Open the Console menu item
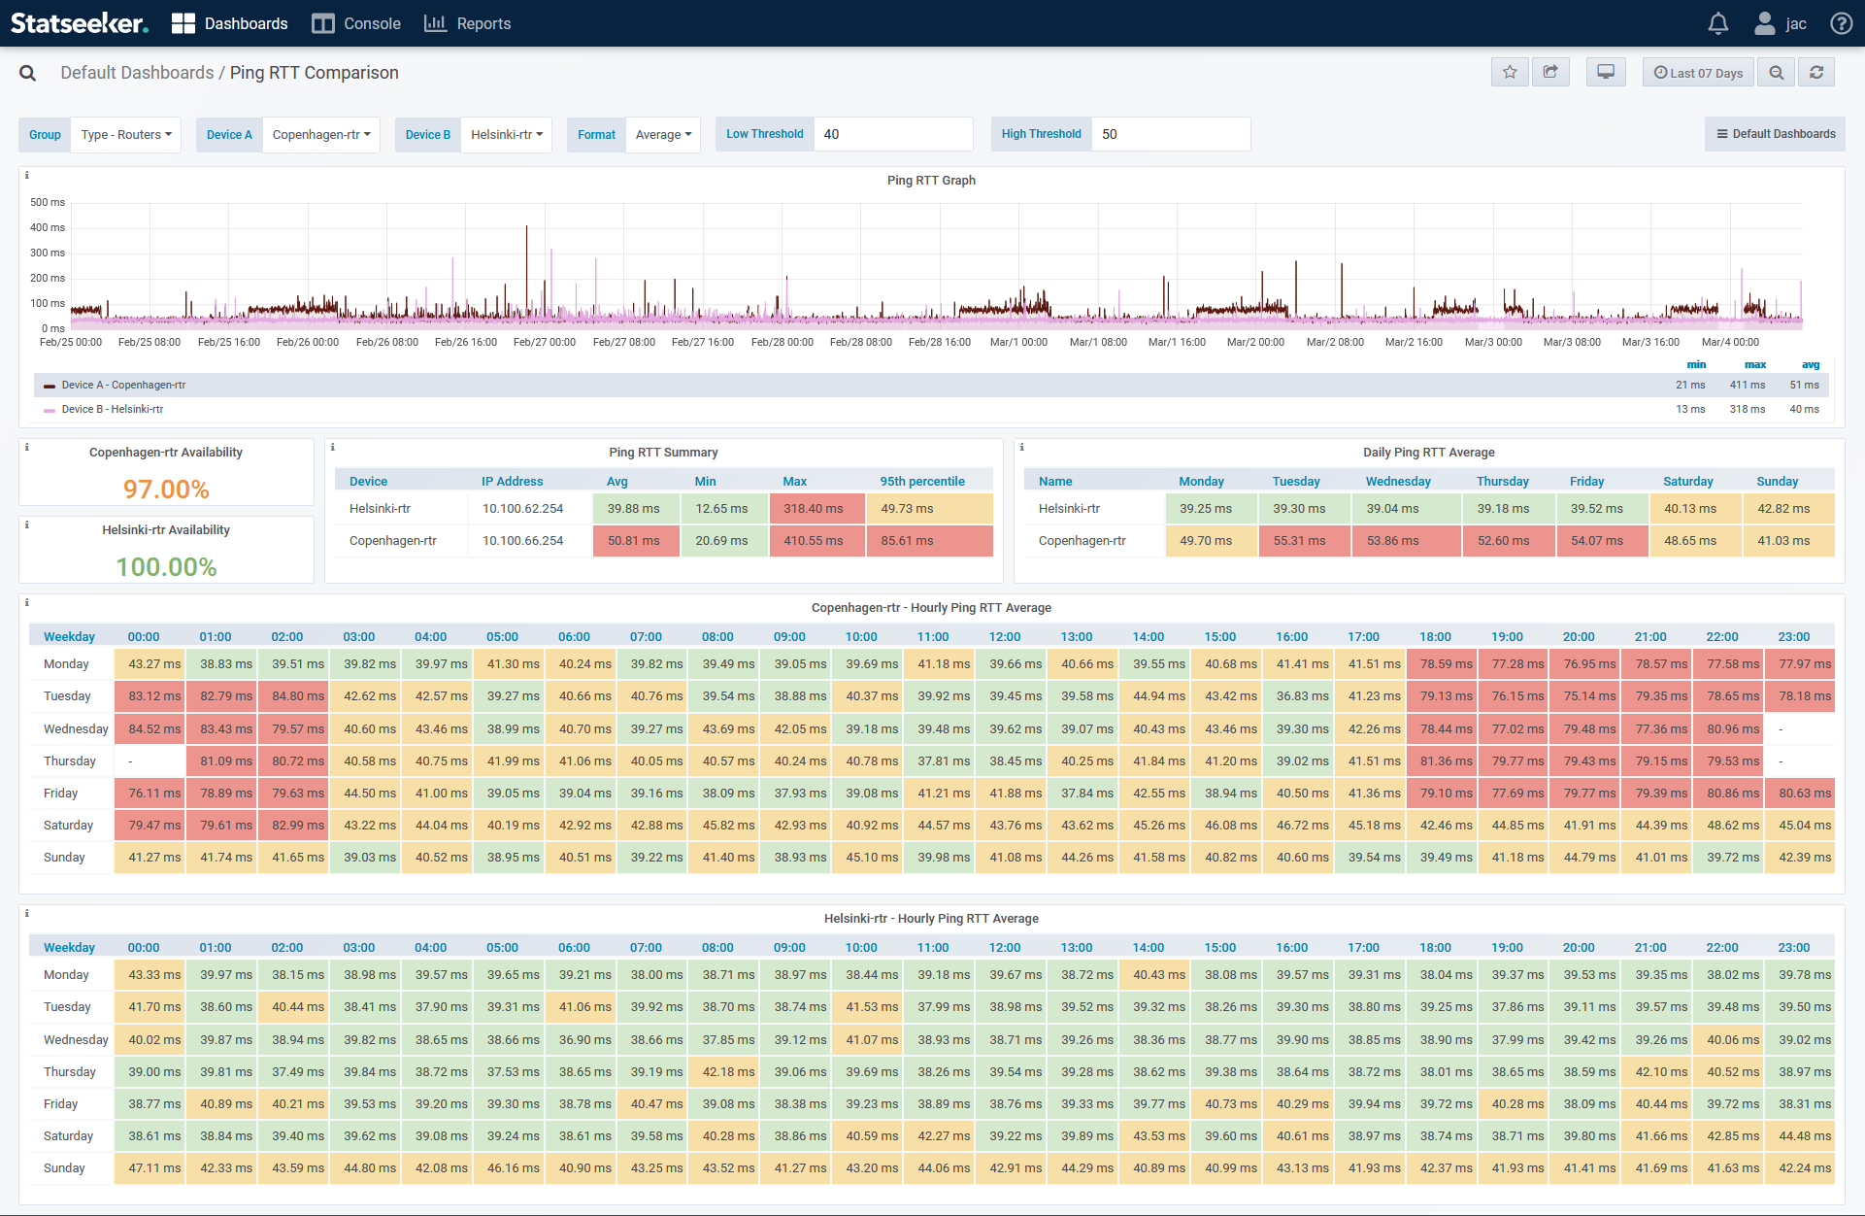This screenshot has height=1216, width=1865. point(356,23)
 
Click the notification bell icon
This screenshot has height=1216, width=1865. point(1717,23)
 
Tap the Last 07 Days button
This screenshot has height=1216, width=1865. point(1698,73)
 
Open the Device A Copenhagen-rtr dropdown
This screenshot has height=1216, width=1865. point(320,135)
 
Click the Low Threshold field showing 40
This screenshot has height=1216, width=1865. point(891,135)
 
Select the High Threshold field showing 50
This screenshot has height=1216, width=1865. point(1169,135)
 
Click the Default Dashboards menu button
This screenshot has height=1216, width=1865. point(1775,135)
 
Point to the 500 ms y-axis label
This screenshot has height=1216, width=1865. point(48,203)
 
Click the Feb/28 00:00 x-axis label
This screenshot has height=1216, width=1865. point(782,343)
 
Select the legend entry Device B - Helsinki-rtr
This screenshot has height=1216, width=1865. point(113,410)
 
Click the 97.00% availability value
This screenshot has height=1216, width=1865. point(166,490)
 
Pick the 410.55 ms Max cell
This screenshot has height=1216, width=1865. point(814,541)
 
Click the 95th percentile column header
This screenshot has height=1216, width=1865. point(921,482)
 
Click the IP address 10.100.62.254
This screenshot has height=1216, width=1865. point(522,509)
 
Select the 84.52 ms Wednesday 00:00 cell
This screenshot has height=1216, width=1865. point(154,729)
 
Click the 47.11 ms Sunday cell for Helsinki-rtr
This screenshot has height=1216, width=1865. point(154,1168)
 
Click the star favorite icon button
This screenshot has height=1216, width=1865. point(1510,73)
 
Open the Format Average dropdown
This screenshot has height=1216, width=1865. point(663,135)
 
